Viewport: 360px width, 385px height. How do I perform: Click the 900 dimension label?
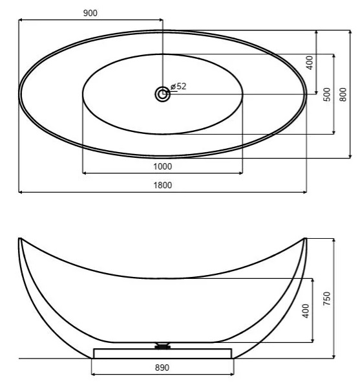click(x=90, y=13)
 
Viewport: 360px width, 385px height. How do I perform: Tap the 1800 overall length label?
click(x=163, y=185)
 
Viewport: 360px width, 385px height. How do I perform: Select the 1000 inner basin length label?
click(x=163, y=166)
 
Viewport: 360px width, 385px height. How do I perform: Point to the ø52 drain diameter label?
click(x=178, y=86)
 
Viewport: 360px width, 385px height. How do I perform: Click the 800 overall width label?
click(x=343, y=94)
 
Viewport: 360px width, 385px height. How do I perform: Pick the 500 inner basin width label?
click(x=327, y=94)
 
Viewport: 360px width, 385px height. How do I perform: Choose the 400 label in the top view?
click(x=310, y=63)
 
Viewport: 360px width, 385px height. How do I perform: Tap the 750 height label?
click(x=327, y=298)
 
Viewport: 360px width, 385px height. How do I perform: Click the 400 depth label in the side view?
click(x=306, y=311)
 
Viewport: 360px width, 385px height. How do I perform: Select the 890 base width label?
click(x=162, y=368)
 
